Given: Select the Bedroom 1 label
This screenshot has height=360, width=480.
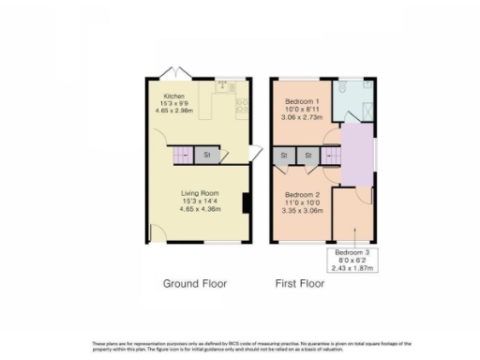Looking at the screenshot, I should click(x=303, y=99).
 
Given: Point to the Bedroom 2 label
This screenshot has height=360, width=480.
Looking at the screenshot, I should click(x=303, y=194).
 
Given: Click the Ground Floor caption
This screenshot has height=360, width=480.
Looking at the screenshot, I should click(x=194, y=283).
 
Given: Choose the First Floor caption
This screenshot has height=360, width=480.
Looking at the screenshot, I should click(x=299, y=283).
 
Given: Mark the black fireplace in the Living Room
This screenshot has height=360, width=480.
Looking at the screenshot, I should click(x=245, y=203).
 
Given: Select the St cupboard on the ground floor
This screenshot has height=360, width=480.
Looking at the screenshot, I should click(x=206, y=154).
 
